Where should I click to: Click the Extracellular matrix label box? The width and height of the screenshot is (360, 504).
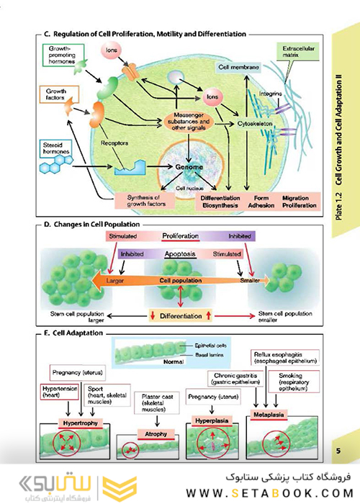tap(294, 53)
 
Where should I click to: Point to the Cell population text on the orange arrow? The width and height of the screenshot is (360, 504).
tap(181, 279)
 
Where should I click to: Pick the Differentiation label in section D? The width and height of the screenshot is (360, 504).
tap(181, 315)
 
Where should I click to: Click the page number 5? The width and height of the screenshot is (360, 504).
tap(338, 452)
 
